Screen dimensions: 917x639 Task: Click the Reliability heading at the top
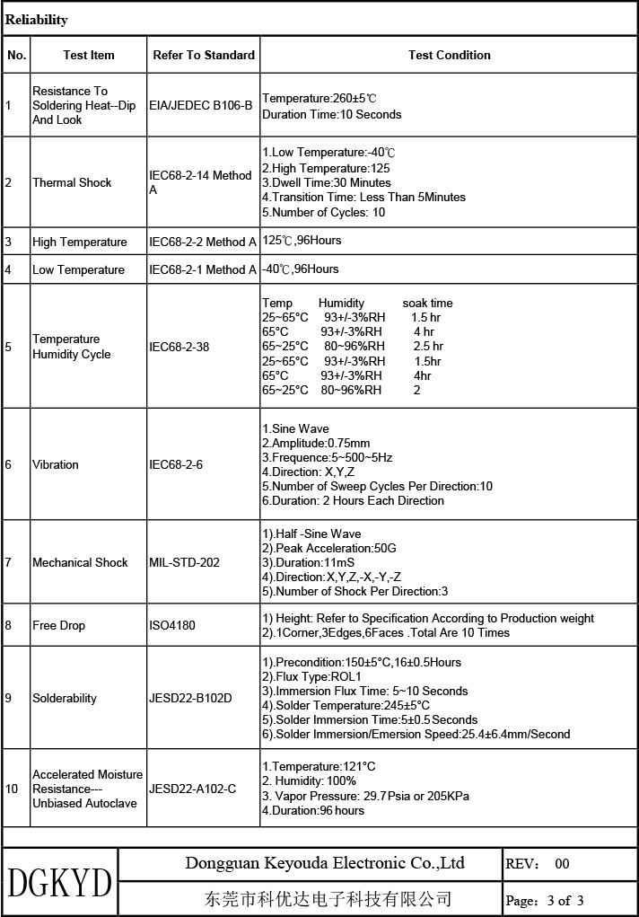pyautogui.click(x=37, y=20)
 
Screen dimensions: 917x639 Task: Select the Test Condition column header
pyautogui.click(x=449, y=55)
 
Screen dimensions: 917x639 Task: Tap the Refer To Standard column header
pyautogui.click(x=204, y=55)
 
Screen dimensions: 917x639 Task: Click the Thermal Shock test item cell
pyautogui.click(x=72, y=182)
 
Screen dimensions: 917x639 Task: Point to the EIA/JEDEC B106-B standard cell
pyautogui.click(x=201, y=105)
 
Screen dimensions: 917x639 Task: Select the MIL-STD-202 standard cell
pyautogui.click(x=184, y=562)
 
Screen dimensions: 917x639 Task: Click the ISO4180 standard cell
pyautogui.click(x=172, y=625)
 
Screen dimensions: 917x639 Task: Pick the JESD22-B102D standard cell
pyautogui.click(x=191, y=698)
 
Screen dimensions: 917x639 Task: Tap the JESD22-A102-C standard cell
pyautogui.click(x=193, y=789)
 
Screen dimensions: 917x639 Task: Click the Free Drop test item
pyautogui.click(x=58, y=625)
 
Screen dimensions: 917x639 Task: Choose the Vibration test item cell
pyautogui.click(x=56, y=464)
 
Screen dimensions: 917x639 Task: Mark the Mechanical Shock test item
pyautogui.click(x=80, y=562)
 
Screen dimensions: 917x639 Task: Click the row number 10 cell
pyautogui.click(x=12, y=789)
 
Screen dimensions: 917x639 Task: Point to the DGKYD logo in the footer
pyautogui.click(x=59, y=882)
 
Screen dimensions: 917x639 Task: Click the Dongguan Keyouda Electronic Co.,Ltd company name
pyautogui.click(x=325, y=864)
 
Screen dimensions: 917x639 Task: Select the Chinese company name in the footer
pyautogui.click(x=328, y=899)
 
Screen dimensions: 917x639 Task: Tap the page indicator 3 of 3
pyautogui.click(x=545, y=900)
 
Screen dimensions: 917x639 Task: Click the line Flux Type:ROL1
pyautogui.click(x=311, y=676)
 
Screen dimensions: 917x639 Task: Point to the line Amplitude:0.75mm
pyautogui.click(x=316, y=443)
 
